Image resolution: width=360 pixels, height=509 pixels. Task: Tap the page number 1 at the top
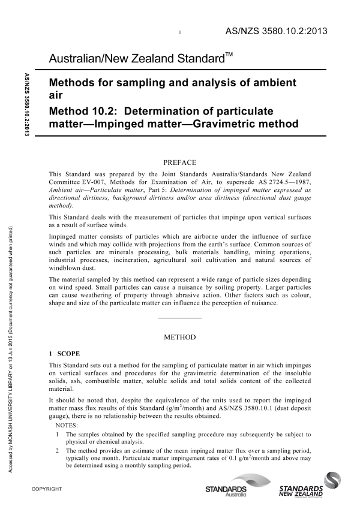(x=180, y=32)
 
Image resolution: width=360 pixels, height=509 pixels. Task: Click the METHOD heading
(x=180, y=337)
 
